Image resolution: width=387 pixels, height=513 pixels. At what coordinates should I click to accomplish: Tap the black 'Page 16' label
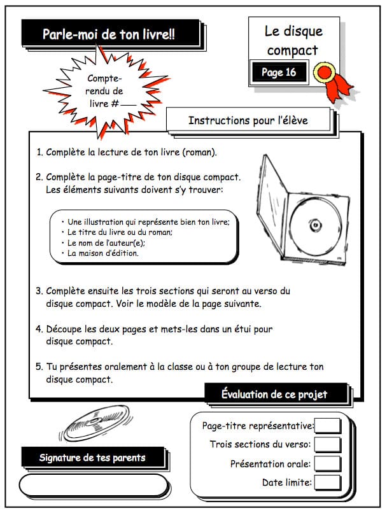point(279,72)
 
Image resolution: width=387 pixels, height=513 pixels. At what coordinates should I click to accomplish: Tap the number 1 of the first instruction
point(39,153)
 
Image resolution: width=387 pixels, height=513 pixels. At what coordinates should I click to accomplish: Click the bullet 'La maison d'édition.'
point(102,253)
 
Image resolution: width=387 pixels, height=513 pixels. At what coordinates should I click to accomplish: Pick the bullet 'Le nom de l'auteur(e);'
point(106,242)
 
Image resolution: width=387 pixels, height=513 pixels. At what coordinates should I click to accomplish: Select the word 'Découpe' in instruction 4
point(65,329)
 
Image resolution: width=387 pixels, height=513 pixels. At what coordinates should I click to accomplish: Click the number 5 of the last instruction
point(39,367)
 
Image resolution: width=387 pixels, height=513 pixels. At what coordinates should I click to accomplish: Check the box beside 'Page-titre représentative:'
point(327,426)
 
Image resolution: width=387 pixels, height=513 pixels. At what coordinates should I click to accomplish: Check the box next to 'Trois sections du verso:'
point(327,444)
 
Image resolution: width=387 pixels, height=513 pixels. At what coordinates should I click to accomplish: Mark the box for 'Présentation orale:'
point(327,463)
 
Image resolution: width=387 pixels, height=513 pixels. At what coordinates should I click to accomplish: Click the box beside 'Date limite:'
point(327,482)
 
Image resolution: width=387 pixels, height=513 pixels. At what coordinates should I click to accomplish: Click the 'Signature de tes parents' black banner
point(92,457)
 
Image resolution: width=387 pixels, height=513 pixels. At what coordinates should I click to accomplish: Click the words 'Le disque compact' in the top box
point(294,40)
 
